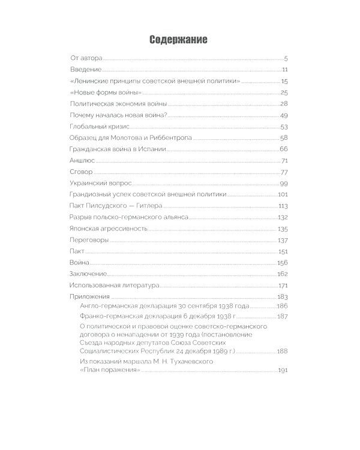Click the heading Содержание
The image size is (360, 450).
point(178,40)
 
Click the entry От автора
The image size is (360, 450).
point(86,58)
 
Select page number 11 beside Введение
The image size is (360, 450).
point(286,70)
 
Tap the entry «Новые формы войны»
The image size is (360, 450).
point(106,92)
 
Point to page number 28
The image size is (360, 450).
point(284,104)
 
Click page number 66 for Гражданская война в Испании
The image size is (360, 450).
point(284,149)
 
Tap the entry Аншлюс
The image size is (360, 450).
point(82,160)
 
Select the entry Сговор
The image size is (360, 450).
point(80,172)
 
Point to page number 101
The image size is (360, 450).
point(283,194)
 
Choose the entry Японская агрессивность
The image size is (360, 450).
point(107,229)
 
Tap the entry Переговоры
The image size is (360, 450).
point(89,240)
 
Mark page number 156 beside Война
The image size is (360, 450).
point(283,263)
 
